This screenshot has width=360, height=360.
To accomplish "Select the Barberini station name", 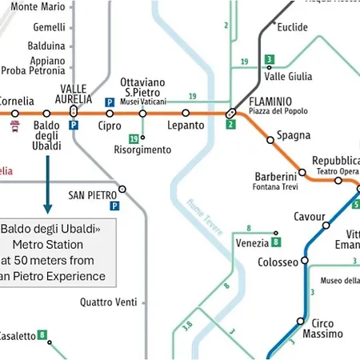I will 275,176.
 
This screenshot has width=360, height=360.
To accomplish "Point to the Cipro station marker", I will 110,114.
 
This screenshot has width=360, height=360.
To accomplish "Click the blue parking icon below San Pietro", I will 114,206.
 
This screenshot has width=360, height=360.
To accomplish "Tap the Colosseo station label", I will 278,262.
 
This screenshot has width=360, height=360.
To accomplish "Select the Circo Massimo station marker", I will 301,322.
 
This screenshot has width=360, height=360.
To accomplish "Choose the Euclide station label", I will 292,27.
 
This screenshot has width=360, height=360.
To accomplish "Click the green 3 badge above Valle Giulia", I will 270,60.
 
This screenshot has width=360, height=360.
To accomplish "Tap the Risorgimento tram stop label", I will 142,150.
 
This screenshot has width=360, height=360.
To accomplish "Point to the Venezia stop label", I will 252,243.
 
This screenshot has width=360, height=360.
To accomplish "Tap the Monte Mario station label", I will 38,7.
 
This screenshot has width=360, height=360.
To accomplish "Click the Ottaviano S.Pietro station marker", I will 142,114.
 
